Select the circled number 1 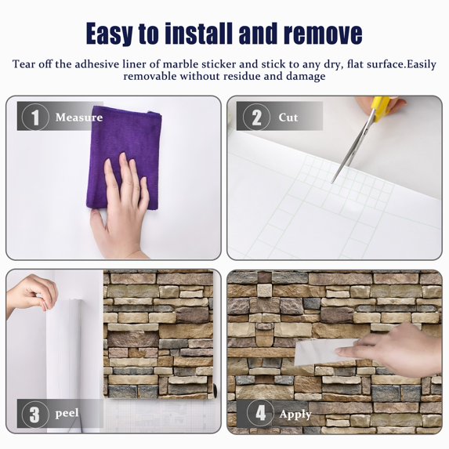tap(35, 117)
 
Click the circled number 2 tap(256, 117)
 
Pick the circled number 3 tap(35, 414)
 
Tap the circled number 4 tap(260, 413)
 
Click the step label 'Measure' tap(79, 118)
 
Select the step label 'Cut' tap(288, 118)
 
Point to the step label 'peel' tap(67, 413)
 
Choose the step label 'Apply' tap(295, 414)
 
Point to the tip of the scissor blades tap(332, 182)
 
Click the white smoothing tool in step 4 tap(325, 352)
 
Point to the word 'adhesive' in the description tap(97, 64)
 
